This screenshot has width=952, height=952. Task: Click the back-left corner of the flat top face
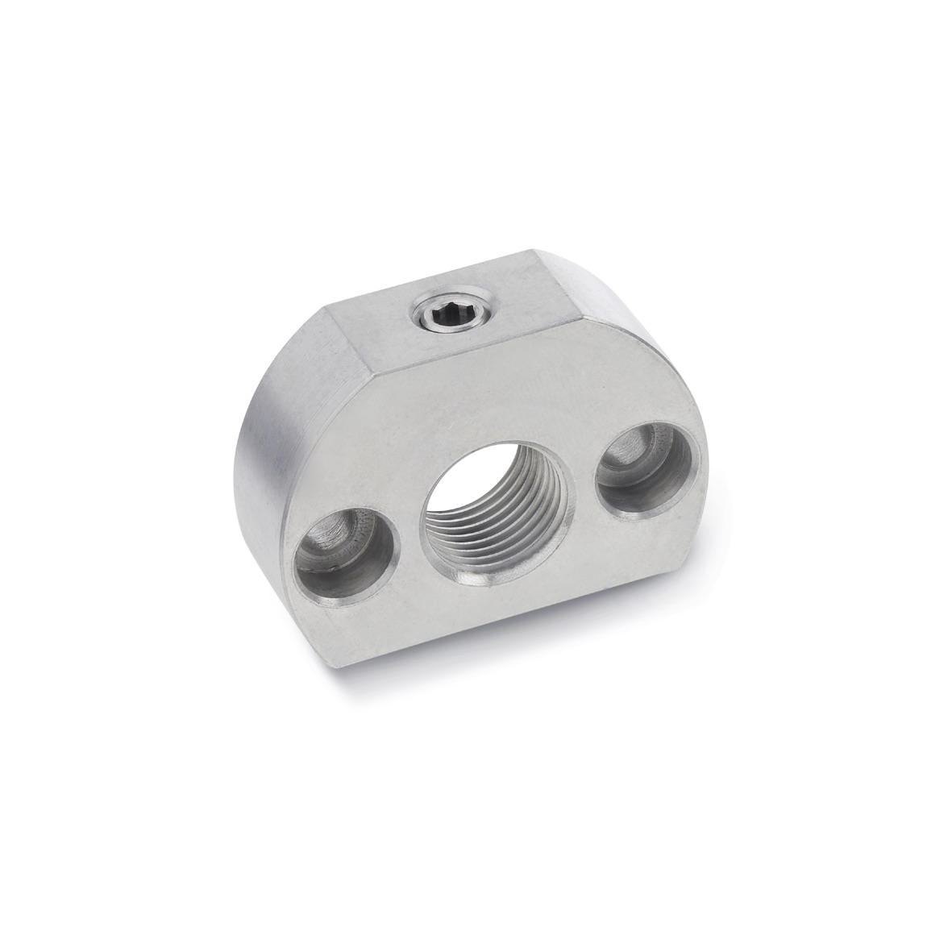tap(327, 307)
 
